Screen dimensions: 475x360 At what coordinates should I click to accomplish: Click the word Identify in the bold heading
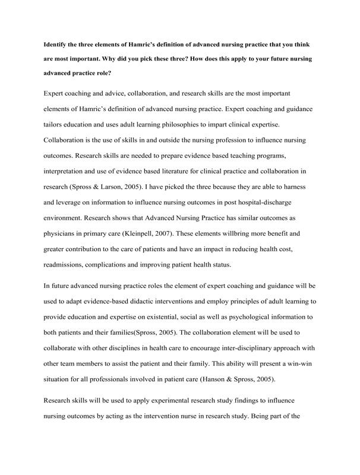point(58,45)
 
